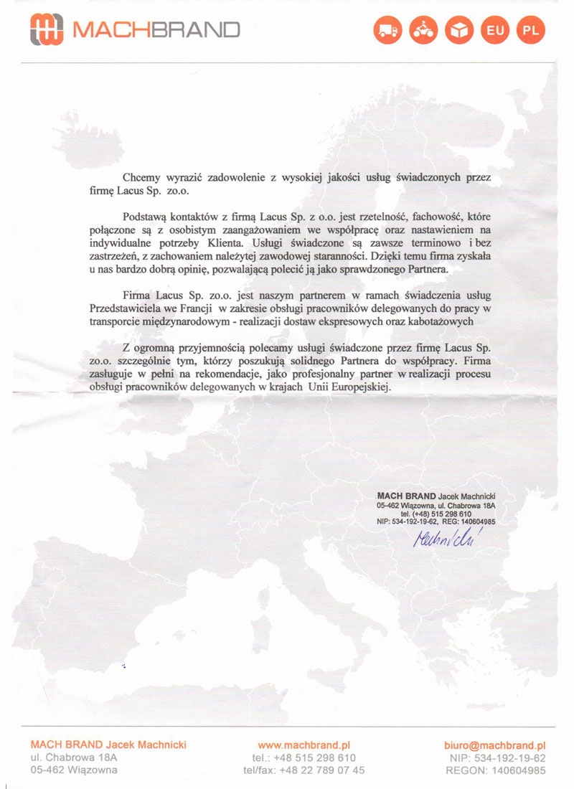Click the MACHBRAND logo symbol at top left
[x=46, y=29]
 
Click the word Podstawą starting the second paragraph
[x=145, y=216]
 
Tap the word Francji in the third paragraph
[x=208, y=308]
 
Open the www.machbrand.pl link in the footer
[x=304, y=745]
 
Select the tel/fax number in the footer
[x=304, y=770]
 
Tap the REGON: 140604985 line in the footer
[x=495, y=770]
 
